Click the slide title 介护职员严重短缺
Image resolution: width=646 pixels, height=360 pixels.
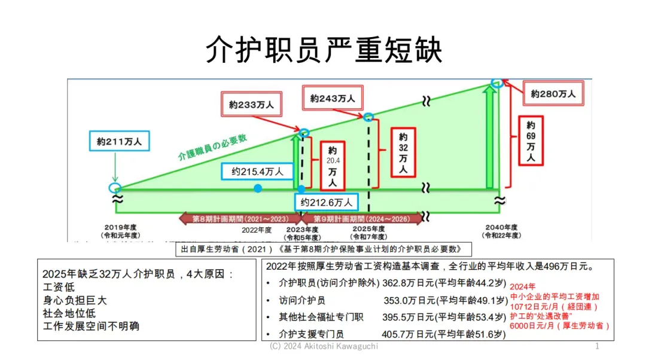coord(324,50)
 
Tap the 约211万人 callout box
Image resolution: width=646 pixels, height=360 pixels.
coord(120,142)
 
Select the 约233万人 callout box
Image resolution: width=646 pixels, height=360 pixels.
coord(252,104)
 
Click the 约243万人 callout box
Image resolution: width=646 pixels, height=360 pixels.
coord(333,98)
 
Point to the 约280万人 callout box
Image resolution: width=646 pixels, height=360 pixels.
coord(553,94)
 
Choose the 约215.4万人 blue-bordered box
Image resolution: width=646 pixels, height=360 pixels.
coord(258,172)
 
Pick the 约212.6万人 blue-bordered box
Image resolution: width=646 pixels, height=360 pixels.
coord(327,202)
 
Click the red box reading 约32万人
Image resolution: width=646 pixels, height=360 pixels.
coord(403,152)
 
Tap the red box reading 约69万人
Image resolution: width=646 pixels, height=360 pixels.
coord(531,142)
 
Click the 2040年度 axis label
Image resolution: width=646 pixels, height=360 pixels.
coord(501,231)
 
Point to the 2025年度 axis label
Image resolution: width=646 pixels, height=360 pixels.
coord(368,232)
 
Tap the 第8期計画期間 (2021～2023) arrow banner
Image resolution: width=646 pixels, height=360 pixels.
coord(239,219)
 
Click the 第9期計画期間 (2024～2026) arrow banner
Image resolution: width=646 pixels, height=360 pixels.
coord(361,219)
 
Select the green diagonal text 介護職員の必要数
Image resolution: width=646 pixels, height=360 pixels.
coord(212,146)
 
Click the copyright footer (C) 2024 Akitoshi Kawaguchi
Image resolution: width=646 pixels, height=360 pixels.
coord(324,346)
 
